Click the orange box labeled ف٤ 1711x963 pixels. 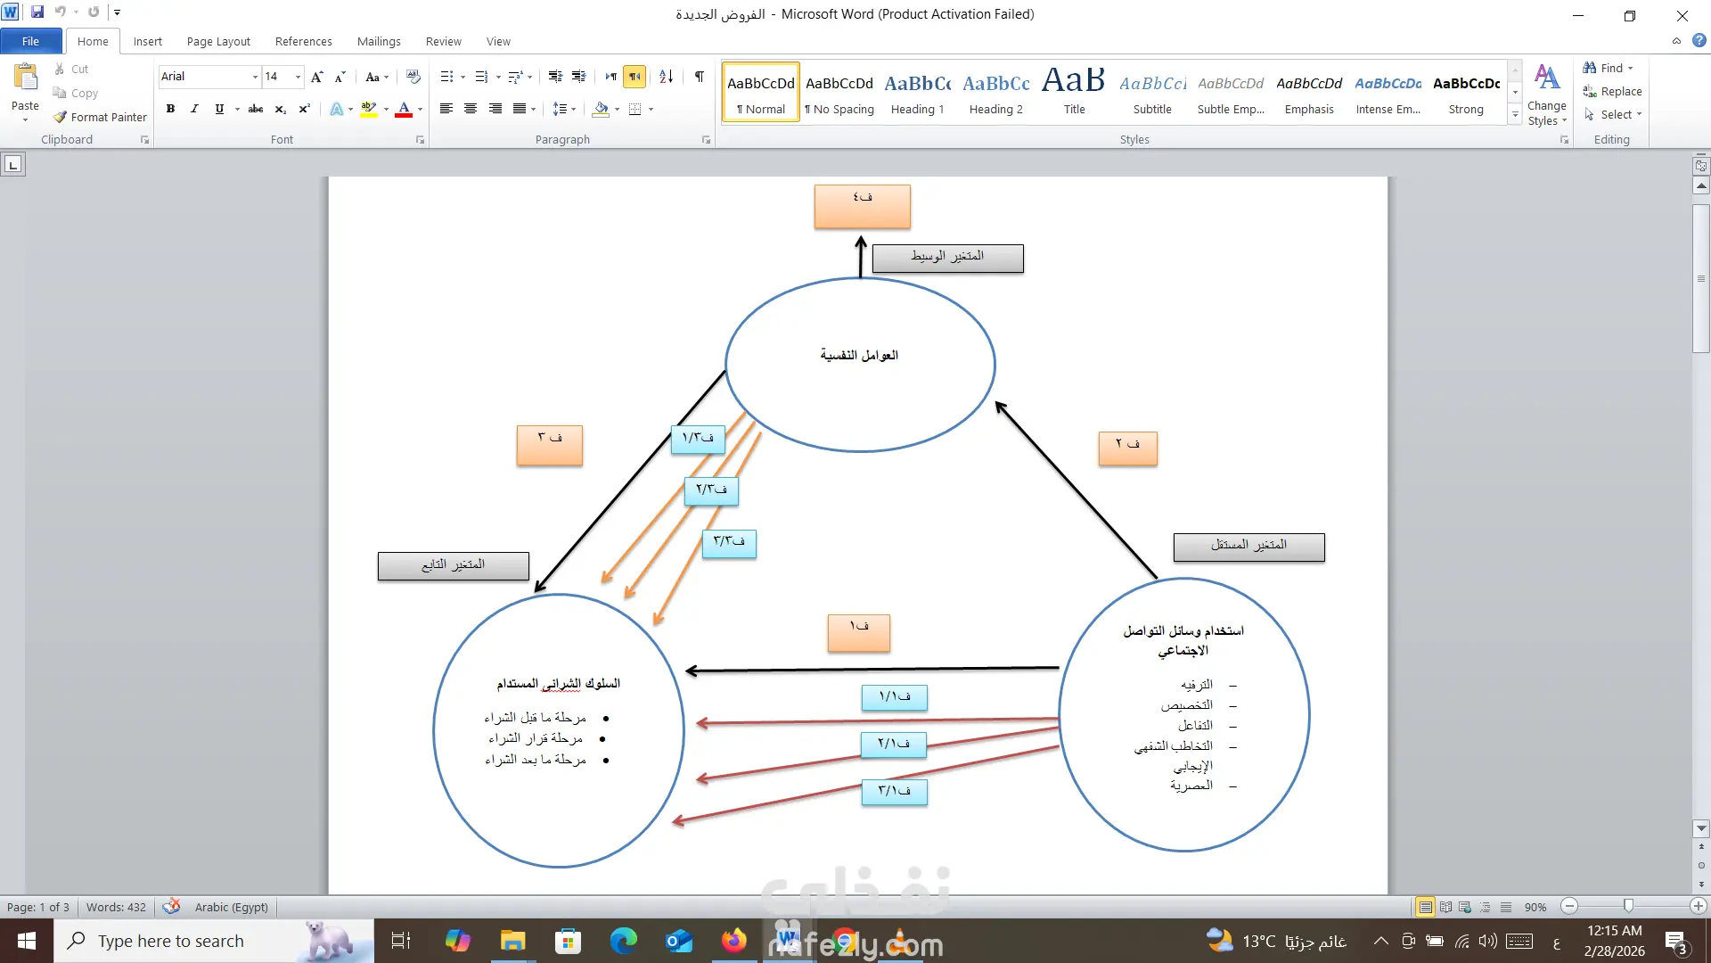(862, 207)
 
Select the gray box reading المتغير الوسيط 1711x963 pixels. (947, 258)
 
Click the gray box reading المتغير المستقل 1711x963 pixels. (1248, 547)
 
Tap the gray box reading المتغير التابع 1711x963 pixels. (453, 565)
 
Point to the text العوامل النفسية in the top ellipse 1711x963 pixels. (859, 355)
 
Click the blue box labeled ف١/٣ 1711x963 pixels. (698, 439)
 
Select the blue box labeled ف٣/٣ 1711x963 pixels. (729, 543)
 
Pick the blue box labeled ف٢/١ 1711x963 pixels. (894, 744)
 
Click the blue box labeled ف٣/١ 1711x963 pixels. (894, 791)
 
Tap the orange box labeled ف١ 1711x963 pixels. (858, 632)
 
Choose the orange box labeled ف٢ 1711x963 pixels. (1127, 448)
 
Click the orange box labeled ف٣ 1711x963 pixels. (549, 445)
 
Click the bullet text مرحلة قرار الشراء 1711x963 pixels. (536, 738)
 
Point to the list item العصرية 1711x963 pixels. (1191, 786)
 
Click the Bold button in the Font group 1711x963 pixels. (170, 109)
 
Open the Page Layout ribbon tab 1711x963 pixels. (218, 41)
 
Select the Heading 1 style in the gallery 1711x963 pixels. (917, 92)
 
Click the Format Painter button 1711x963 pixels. (100, 117)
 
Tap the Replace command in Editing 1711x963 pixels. (1612, 91)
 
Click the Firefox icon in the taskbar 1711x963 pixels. (734, 941)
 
